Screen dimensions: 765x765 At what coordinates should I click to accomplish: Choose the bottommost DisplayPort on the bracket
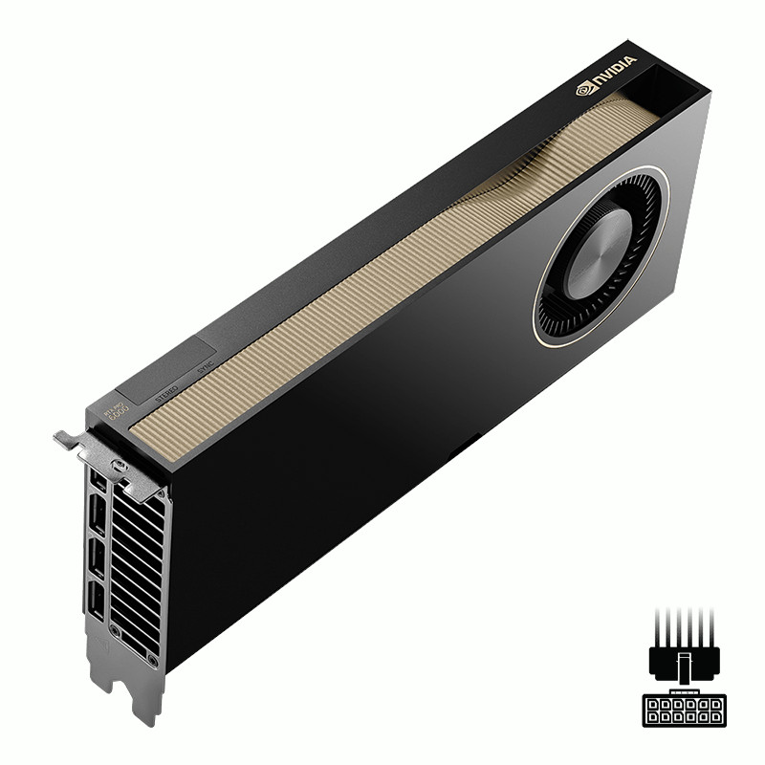pyautogui.click(x=98, y=601)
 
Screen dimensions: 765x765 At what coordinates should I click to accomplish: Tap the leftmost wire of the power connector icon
pyautogui.click(x=659, y=628)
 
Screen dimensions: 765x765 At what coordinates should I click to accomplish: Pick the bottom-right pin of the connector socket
pyautogui.click(x=713, y=717)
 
